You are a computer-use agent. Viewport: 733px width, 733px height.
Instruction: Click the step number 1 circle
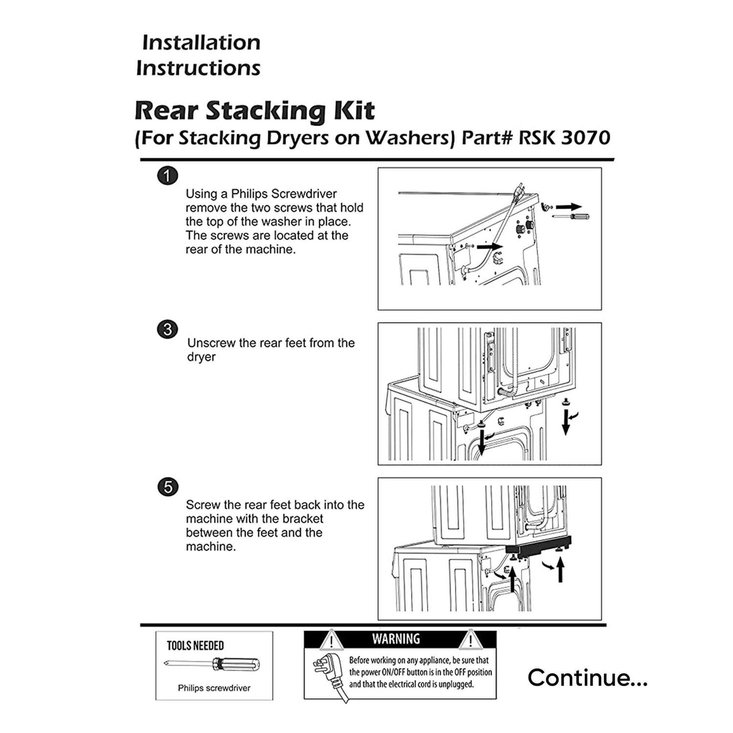tap(168, 176)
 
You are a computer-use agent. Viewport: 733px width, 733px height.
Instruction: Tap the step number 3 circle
tap(168, 329)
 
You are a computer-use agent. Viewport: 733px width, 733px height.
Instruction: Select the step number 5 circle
tap(168, 488)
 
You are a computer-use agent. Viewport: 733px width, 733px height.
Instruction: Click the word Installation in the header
tap(201, 43)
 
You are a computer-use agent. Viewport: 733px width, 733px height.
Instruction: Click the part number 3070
tap(585, 138)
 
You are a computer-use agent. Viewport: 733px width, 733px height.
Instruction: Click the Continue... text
tap(587, 678)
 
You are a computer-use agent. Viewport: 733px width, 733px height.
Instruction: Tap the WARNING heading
tap(396, 639)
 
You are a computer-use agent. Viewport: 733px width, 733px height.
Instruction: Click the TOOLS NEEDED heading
tap(195, 646)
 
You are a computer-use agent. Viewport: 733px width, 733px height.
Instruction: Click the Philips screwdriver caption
tap(214, 688)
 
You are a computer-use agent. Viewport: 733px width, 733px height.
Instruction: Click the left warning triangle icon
tap(331, 640)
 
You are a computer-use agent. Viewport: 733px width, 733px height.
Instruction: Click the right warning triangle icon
tap(470, 640)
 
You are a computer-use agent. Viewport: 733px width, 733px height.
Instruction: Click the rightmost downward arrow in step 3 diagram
tap(566, 422)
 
